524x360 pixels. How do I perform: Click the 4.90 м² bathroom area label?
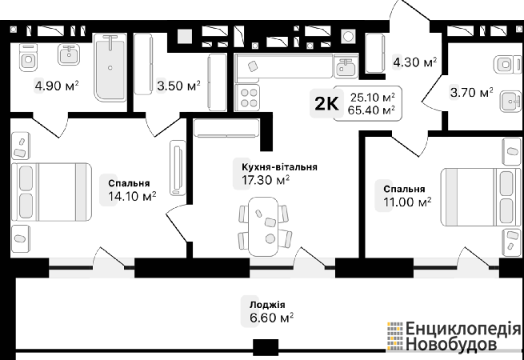(57, 86)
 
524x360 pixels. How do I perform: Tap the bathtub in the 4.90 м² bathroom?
(110, 67)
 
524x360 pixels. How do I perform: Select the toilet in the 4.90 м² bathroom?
(28, 58)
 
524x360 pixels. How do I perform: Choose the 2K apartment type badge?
(326, 104)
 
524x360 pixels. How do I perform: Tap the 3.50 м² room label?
(178, 86)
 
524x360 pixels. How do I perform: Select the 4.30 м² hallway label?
(415, 62)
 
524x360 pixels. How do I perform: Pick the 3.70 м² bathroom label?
(471, 92)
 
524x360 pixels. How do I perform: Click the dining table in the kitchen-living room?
(264, 226)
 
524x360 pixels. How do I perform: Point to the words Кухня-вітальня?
(279, 166)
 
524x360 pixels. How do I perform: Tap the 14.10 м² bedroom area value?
(132, 196)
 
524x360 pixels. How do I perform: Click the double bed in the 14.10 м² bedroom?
(51, 192)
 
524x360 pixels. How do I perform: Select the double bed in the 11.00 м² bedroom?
(481, 197)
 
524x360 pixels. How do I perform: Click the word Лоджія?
(267, 305)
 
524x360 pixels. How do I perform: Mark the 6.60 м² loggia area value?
(271, 318)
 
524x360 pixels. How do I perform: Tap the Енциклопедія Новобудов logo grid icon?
(394, 336)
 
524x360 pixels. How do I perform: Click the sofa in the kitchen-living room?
(226, 128)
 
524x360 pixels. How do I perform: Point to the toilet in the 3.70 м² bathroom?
(507, 64)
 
